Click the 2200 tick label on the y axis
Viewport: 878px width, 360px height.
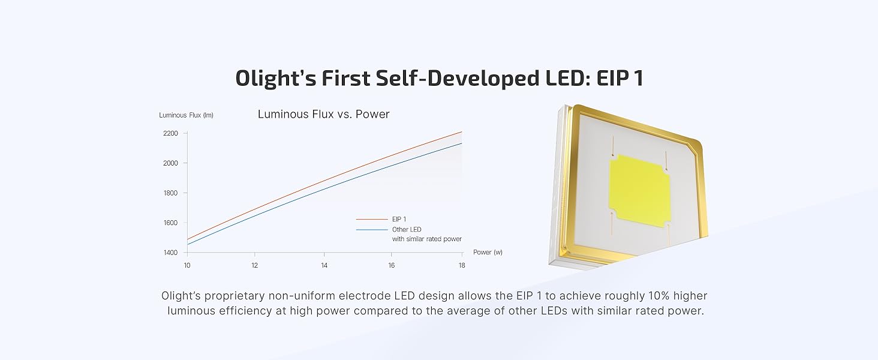click(170, 133)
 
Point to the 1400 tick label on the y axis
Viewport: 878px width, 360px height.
click(170, 253)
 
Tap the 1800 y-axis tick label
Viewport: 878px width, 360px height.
click(170, 193)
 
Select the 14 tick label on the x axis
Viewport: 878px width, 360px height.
click(324, 265)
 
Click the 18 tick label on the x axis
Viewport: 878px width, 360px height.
click(462, 265)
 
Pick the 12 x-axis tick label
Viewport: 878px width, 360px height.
click(255, 265)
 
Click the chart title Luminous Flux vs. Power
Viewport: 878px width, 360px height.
click(323, 114)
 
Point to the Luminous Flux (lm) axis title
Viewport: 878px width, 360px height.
click(186, 115)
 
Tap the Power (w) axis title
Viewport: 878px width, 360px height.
click(488, 252)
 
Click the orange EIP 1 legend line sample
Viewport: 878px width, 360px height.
click(372, 219)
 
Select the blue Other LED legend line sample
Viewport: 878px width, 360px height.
click(372, 229)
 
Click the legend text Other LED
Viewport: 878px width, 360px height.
click(407, 229)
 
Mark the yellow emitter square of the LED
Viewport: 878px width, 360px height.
click(639, 191)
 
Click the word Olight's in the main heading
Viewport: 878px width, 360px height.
click(275, 78)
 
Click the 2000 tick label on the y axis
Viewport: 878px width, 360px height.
click(170, 163)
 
